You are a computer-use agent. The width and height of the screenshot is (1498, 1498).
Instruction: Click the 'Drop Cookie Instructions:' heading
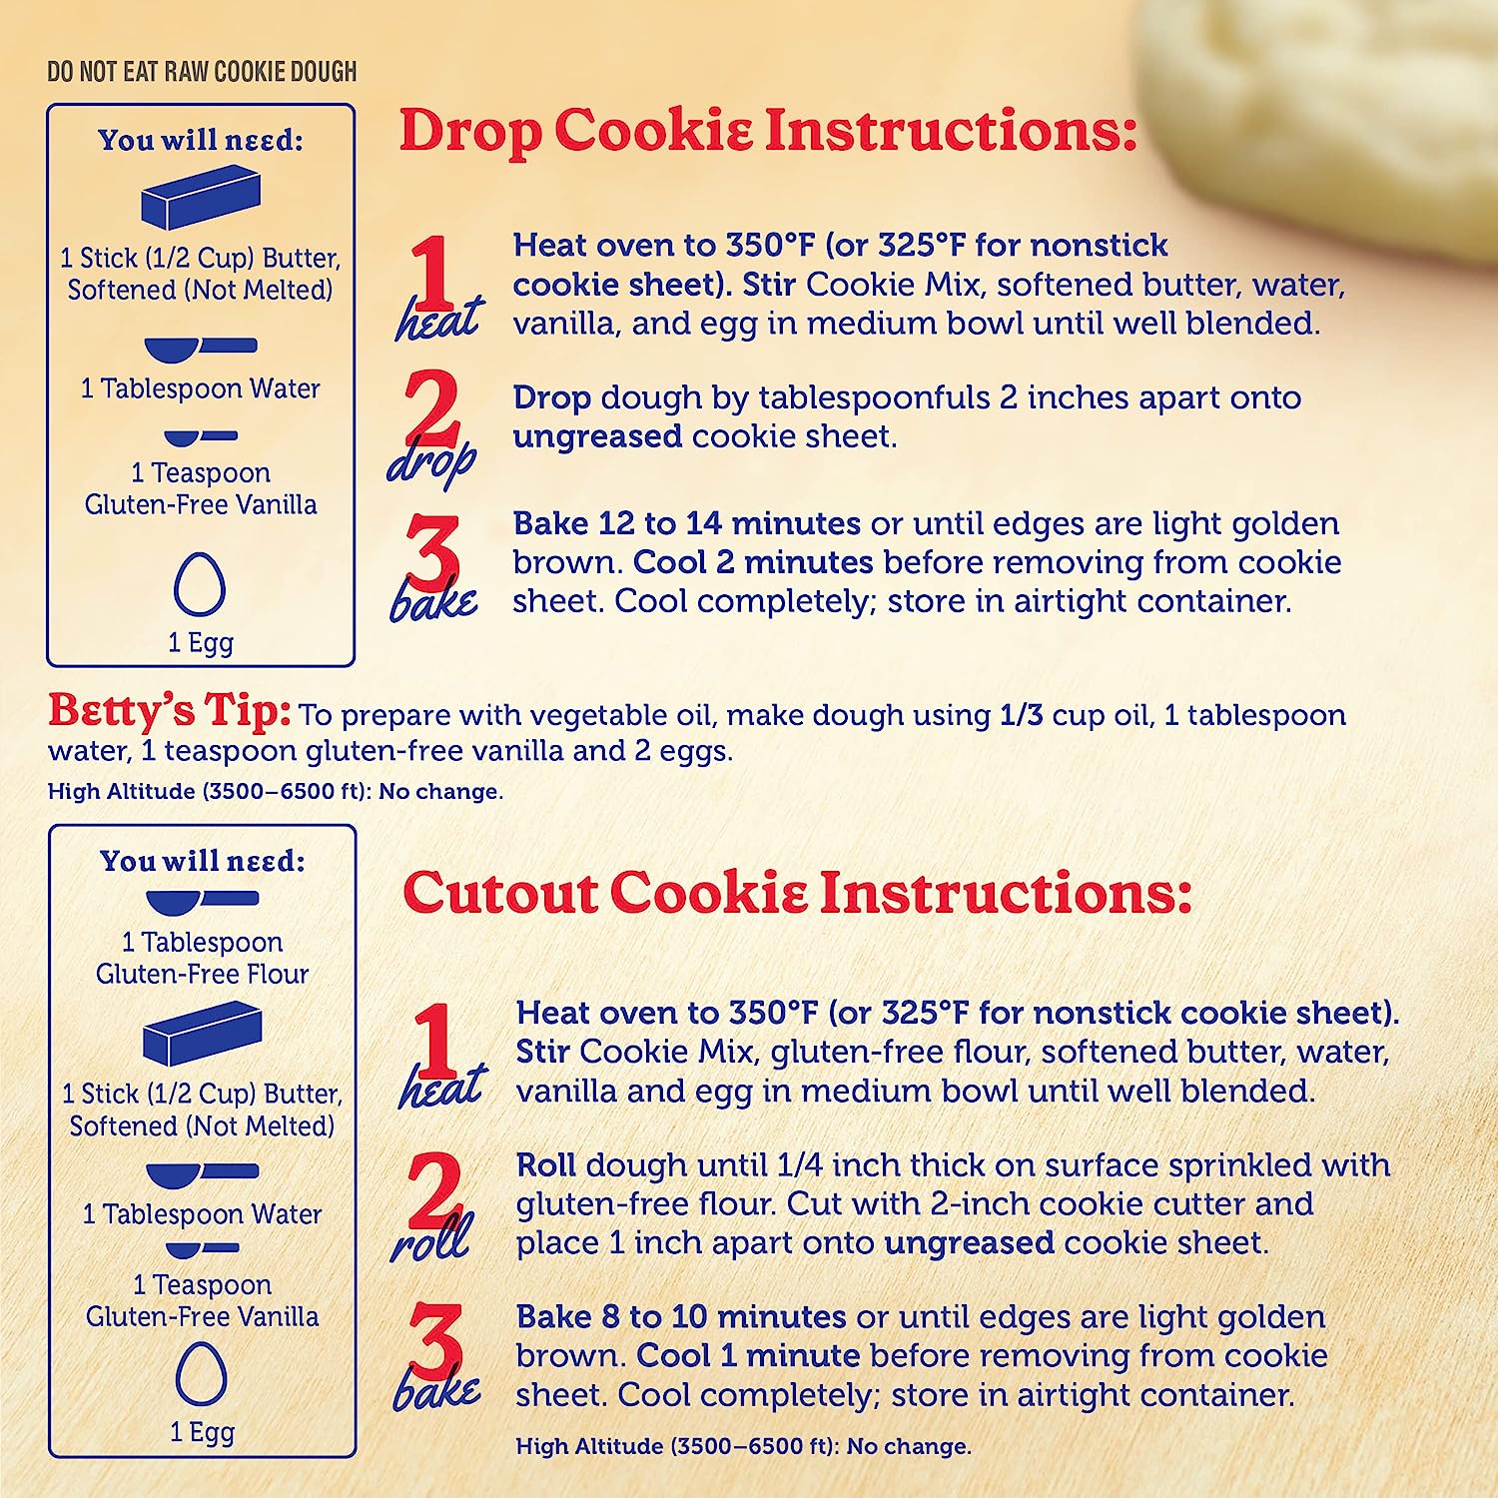coord(768,131)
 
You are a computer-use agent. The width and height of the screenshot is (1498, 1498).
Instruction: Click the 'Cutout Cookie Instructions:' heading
coord(797,892)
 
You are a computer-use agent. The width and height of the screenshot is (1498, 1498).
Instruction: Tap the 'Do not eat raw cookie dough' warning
coord(202,72)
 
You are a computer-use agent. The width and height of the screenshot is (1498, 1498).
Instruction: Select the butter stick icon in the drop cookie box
coord(201,197)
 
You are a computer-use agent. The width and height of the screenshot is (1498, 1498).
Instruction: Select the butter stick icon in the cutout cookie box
coord(203,1034)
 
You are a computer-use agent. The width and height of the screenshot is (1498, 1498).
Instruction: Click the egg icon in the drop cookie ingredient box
coord(200,585)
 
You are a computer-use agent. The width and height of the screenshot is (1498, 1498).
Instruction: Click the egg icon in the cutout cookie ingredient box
coord(202,1374)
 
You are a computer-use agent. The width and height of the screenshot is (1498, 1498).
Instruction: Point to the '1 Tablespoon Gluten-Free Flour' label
coord(203,958)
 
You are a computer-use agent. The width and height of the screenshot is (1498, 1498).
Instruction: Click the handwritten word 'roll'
coord(430,1240)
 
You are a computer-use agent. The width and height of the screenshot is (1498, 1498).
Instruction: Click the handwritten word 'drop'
coord(431,463)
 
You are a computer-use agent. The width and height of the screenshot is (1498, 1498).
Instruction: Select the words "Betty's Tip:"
coord(170,711)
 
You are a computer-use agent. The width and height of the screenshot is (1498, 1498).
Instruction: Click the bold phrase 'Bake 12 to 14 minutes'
coord(687,523)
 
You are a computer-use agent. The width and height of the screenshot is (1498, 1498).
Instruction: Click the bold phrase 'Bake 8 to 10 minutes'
coord(681,1316)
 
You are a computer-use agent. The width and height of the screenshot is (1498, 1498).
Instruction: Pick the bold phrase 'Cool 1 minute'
coord(748,1355)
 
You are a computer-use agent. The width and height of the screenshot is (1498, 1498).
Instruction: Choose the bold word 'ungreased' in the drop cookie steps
coord(597,436)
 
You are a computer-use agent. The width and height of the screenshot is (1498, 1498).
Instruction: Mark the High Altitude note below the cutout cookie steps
coord(744,1446)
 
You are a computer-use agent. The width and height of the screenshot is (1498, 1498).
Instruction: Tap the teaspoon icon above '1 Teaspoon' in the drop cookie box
coord(201,436)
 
